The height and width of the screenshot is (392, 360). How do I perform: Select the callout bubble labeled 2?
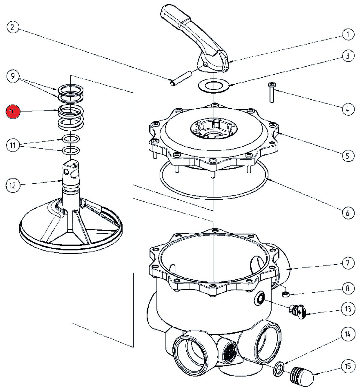[12, 28]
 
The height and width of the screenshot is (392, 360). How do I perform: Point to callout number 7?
[348, 263]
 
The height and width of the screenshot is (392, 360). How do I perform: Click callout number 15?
[348, 366]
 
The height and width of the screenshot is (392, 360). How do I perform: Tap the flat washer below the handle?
[213, 85]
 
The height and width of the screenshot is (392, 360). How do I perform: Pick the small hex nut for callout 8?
[286, 294]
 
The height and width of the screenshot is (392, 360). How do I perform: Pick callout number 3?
[348, 56]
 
